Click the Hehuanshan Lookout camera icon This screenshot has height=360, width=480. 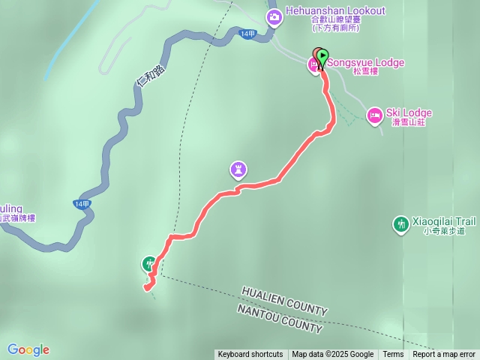[274, 16]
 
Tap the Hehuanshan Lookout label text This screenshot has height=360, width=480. [335, 11]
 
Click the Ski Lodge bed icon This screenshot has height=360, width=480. [374, 114]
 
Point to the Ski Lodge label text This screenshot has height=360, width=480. [409, 113]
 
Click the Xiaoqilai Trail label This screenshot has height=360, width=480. [443, 222]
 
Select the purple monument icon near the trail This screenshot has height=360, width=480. [238, 170]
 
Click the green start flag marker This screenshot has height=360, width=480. [322, 56]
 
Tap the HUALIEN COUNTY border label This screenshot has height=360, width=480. [284, 301]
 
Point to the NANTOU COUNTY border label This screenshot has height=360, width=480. [280, 319]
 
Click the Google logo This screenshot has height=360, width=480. [28, 349]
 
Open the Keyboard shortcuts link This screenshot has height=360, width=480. [250, 355]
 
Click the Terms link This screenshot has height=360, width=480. [393, 355]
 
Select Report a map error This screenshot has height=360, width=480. [444, 355]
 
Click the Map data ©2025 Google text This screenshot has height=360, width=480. [332, 355]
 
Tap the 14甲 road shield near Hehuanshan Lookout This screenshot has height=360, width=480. [248, 34]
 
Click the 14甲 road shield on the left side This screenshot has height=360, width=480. [82, 204]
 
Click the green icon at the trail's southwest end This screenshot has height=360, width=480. [149, 263]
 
